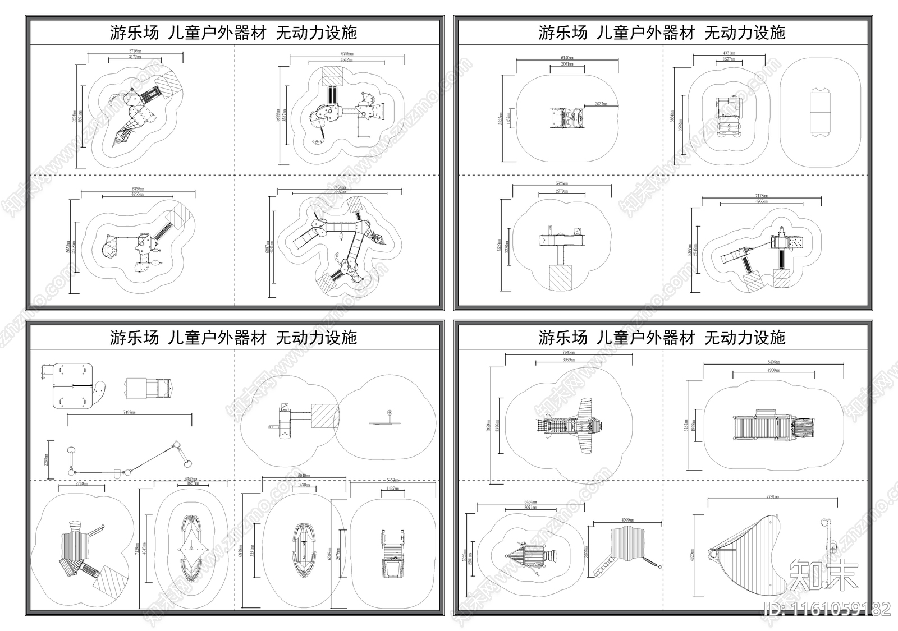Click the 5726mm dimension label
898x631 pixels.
point(135,51)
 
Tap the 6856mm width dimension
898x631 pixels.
point(138,189)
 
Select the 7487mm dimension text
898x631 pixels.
point(130,412)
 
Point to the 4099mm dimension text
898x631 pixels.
point(628,520)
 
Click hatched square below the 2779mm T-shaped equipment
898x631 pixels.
point(559,278)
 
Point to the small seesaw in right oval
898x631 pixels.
point(388,420)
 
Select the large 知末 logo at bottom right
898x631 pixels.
point(823,575)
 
